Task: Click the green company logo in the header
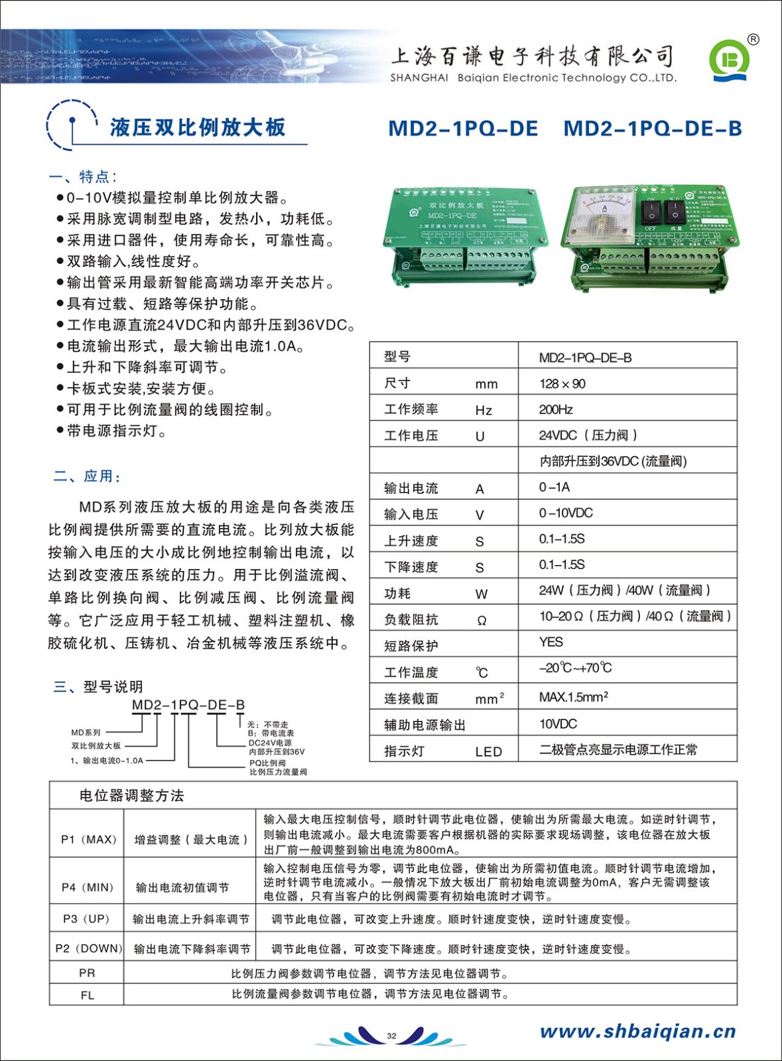[729, 60]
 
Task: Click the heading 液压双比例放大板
[197, 127]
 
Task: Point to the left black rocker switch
[651, 212]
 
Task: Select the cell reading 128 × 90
[562, 384]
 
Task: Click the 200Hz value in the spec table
[556, 410]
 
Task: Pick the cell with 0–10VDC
[566, 513]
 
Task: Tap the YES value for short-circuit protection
[551, 643]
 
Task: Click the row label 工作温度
[411, 672]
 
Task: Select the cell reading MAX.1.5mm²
[573, 697]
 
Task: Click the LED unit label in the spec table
[488, 751]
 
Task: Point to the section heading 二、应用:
[87, 476]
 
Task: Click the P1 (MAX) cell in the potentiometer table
[88, 840]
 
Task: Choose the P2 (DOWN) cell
[88, 949]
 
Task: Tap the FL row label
[87, 995]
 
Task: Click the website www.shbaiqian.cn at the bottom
[637, 1031]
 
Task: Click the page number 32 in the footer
[391, 1036]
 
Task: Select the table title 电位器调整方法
[131, 796]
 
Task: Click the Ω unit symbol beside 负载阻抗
[482, 621]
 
